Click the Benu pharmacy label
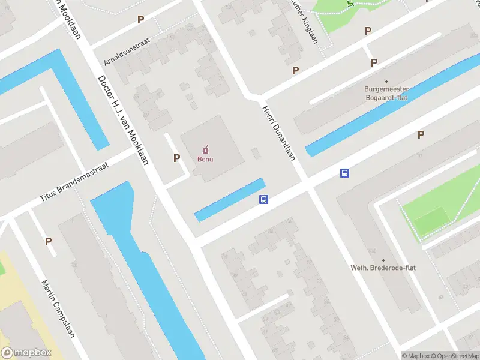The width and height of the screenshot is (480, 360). [205, 159]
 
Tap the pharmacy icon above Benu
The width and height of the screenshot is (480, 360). [205, 149]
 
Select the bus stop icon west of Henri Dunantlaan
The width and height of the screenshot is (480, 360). [263, 200]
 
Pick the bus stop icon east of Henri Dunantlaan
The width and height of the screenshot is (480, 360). [345, 173]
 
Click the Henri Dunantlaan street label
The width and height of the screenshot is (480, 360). [278, 133]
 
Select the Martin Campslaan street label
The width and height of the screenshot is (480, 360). [58, 308]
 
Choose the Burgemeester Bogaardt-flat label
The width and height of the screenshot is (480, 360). [386, 93]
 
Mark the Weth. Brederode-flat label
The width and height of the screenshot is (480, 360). [383, 268]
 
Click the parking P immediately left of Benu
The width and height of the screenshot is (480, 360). [176, 158]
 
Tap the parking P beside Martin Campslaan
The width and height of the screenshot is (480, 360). [48, 241]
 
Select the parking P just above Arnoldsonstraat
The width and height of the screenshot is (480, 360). [140, 19]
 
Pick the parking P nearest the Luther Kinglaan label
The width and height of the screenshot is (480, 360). [295, 70]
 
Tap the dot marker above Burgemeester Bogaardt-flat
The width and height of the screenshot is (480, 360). [386, 81]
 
